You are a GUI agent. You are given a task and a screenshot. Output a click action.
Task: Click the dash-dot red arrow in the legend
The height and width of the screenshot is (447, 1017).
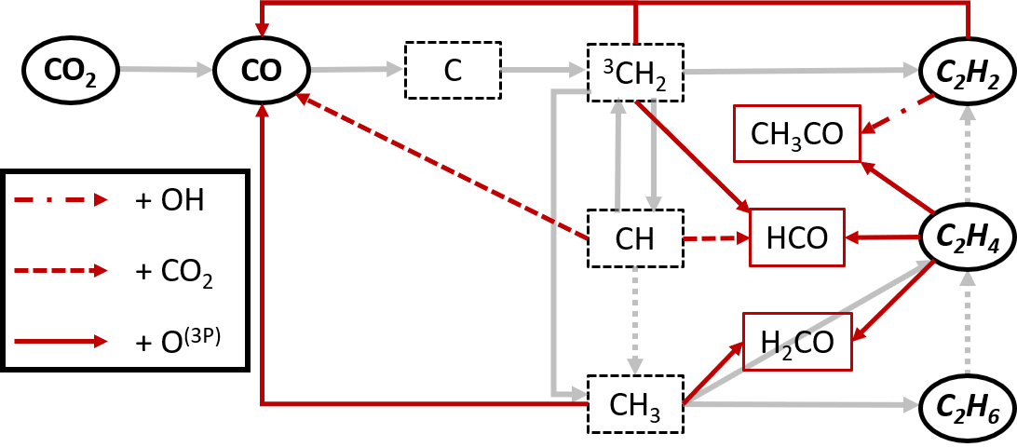coord(60,199)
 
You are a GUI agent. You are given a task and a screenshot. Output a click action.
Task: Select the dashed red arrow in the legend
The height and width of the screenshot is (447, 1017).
coord(60,270)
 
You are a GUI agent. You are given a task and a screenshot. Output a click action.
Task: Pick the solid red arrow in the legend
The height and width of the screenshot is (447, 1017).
coord(60,341)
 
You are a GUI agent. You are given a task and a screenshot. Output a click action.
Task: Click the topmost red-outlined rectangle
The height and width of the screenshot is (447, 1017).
coord(796,133)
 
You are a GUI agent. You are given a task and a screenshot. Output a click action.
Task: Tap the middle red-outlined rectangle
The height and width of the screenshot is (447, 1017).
coord(796,237)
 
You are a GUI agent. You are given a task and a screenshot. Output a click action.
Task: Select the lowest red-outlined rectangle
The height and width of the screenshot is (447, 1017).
coord(796,342)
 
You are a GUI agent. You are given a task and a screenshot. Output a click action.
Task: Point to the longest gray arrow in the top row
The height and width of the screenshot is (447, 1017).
coord(801,71)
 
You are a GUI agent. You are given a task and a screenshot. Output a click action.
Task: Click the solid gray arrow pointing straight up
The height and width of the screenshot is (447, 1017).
coord(617,155)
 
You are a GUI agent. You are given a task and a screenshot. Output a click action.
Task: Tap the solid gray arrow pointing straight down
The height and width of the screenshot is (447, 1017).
coord(653,155)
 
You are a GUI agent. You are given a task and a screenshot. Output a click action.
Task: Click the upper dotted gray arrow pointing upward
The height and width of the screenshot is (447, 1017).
coord(968,154)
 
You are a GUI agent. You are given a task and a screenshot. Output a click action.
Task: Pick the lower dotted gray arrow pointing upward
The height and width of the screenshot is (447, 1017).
coord(968,322)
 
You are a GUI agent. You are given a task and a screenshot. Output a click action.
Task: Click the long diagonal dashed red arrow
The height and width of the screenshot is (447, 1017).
coord(442,167)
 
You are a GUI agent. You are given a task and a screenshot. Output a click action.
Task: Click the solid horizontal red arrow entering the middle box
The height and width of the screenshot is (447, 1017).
coord(882,237)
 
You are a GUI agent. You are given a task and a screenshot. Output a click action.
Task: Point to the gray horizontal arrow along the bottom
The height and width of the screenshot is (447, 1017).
coord(801,404)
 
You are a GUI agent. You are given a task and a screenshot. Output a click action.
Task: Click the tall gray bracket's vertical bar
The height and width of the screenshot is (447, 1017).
coord(554,242)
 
